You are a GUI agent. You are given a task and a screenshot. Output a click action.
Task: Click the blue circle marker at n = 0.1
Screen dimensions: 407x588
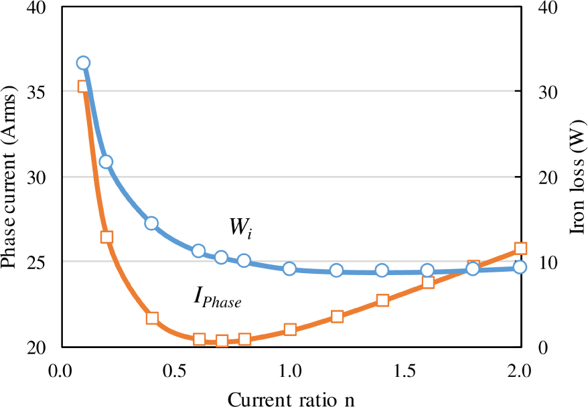pos(83,63)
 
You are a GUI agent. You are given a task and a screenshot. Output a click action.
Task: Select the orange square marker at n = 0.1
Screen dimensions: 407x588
pos(83,86)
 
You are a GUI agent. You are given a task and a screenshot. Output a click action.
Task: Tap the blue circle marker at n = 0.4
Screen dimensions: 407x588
pos(151,223)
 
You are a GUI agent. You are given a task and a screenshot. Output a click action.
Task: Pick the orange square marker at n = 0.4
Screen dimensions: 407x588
pos(152,318)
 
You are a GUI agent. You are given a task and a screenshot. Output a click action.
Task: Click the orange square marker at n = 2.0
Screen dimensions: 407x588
pos(520,248)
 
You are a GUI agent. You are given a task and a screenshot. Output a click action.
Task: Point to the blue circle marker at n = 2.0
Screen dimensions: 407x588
pos(520,267)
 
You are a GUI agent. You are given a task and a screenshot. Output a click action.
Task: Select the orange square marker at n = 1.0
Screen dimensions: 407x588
pos(290,329)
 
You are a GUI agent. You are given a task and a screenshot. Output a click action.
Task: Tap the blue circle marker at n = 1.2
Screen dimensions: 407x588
pos(336,270)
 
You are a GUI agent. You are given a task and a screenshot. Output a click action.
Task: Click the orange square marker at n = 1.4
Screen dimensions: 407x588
pos(382,300)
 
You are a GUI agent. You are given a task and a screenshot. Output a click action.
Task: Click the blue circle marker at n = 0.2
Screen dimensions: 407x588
pos(106,161)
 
